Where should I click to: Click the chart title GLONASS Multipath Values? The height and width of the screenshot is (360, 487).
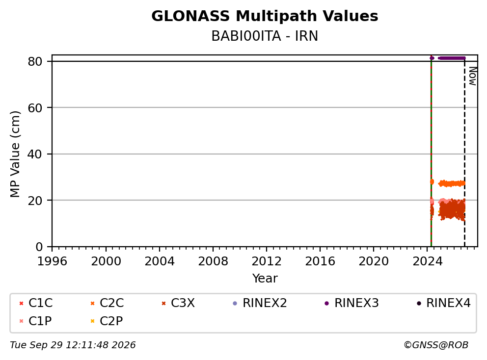coord(265,16)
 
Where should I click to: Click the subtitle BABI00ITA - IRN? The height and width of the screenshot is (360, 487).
coord(265,36)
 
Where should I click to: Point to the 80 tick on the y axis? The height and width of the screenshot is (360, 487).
coord(35,61)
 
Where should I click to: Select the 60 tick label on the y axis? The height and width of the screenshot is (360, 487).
coord(35,108)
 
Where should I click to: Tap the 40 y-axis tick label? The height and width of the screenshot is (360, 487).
coord(35,154)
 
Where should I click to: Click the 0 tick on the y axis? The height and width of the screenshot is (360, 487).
coord(39,247)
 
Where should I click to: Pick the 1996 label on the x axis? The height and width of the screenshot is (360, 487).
coord(52,261)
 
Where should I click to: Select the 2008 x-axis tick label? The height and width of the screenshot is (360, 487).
coord(213,261)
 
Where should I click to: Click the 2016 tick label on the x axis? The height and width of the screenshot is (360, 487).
coord(320,261)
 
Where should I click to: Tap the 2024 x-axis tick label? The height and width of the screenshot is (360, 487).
coord(428,261)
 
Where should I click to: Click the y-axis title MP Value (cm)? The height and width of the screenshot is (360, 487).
coord(15,154)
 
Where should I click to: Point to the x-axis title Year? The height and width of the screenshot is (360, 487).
coord(265,279)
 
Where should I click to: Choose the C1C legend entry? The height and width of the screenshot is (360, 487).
coord(36,303)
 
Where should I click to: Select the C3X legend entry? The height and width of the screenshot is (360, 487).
coord(178,303)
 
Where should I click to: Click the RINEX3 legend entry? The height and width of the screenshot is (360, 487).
coord(352,303)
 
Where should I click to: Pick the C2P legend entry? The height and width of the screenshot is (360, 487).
coord(107,321)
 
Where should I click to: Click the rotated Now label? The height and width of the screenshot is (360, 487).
coord(473,76)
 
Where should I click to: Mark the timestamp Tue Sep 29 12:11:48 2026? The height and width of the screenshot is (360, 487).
coord(73,345)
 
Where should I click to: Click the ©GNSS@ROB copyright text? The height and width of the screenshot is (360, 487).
coord(436,345)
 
